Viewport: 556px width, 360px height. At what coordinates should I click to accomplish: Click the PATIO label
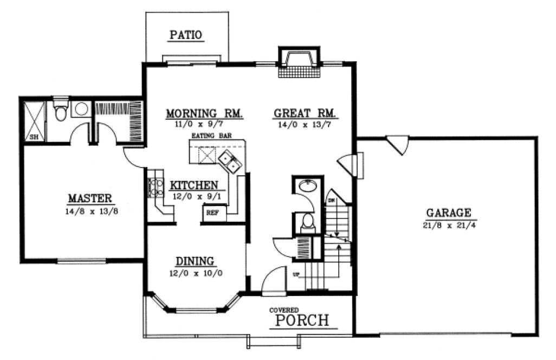186,36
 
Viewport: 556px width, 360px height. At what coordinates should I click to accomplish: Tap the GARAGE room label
448,213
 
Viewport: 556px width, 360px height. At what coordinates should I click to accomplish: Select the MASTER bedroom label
90,198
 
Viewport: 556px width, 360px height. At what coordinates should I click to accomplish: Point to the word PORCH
302,320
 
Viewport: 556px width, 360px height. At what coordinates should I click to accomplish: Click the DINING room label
195,261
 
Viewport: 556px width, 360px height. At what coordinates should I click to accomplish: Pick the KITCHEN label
194,185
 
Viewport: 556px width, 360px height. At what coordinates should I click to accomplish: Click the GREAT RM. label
305,114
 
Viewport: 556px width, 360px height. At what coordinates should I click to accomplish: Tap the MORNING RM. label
204,114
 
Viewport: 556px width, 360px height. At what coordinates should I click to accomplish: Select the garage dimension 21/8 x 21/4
448,224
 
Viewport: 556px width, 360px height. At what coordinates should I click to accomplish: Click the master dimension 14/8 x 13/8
90,210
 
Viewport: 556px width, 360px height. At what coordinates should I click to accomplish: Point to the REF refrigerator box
211,213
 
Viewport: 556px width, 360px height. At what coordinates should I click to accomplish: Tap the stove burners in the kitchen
156,184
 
